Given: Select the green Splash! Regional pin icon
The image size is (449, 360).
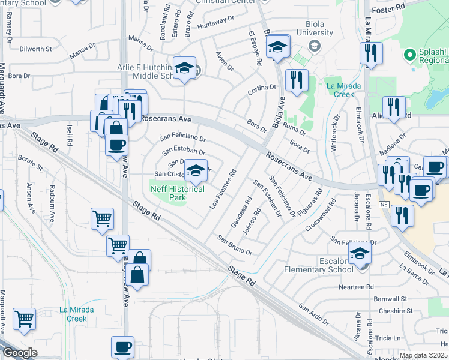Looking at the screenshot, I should tap(411, 56).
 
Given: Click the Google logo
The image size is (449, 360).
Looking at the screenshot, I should tap(20, 353).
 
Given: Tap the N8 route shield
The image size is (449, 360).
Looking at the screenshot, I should tap(384, 205).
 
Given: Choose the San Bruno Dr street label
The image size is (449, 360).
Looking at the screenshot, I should tap(235, 245).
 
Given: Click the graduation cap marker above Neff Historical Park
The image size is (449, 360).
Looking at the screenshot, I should tap(196, 171).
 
